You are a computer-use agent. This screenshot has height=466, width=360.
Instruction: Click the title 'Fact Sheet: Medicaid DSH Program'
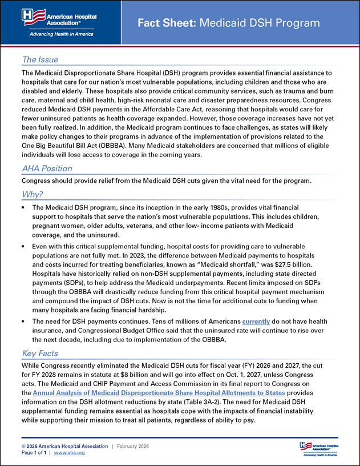pos(229,23)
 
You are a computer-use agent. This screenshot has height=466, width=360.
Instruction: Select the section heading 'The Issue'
pos(39,59)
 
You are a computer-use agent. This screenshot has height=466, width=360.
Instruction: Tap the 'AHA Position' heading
pos(47,168)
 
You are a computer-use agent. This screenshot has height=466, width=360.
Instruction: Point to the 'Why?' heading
pos(33,194)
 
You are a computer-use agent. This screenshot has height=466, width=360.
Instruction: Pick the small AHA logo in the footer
pos(317,448)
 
